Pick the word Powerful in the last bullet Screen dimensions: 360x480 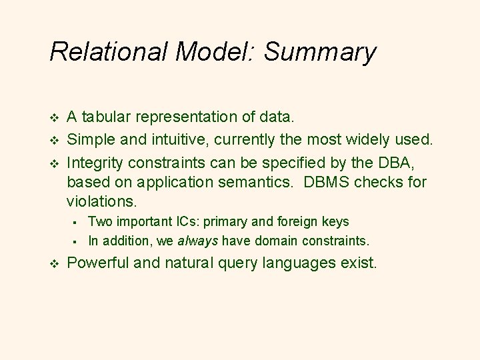coord(99,263)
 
